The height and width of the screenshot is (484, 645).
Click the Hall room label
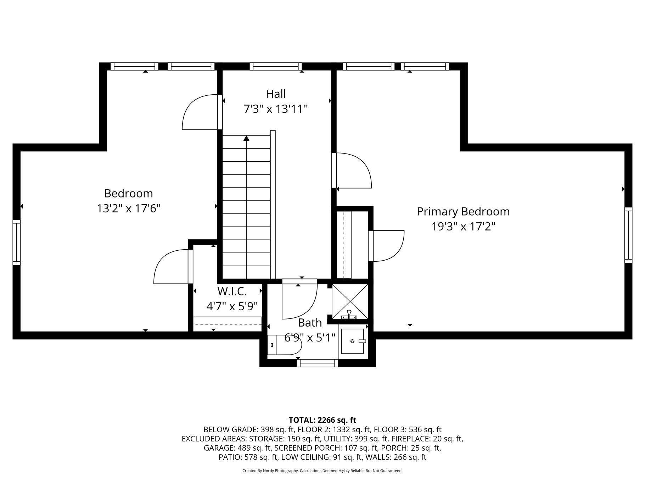pos(276,94)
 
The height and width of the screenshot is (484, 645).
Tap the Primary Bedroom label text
pos(463,212)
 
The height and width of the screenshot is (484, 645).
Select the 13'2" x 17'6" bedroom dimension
pos(129,208)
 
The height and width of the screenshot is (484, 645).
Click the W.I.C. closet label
pos(232,291)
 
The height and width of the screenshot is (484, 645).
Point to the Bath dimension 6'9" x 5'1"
pos(310,338)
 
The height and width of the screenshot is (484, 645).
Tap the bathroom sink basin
pos(353,341)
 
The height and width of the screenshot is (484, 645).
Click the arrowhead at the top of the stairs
pos(246,138)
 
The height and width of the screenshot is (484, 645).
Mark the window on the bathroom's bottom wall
pos(318,363)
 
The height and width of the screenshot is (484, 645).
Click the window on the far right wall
pos(628,235)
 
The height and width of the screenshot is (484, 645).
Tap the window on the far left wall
pos(17,242)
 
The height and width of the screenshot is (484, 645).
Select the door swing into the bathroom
pos(299,299)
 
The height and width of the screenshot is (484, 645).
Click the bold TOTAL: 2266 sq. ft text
pos(322,420)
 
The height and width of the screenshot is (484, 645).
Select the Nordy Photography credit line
pos(322,471)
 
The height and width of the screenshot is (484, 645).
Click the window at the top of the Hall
pos(276,66)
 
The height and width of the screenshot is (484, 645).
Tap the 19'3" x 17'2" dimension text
pos(463,227)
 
